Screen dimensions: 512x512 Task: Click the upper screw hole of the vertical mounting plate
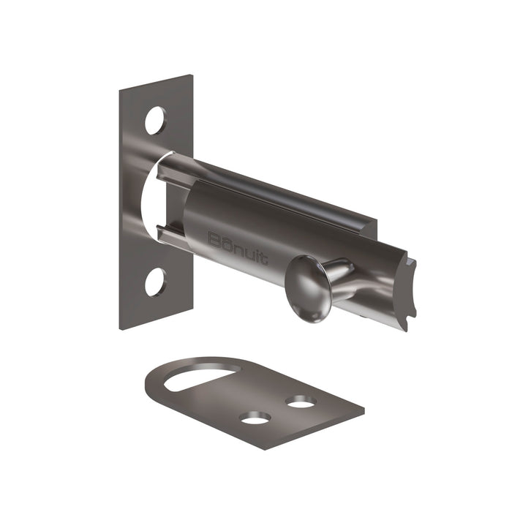pos(156,121)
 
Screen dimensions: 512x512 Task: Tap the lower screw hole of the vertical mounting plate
pos(155,282)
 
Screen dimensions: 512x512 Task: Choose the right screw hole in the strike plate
pos(301,402)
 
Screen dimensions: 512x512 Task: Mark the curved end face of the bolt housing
pos(408,290)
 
